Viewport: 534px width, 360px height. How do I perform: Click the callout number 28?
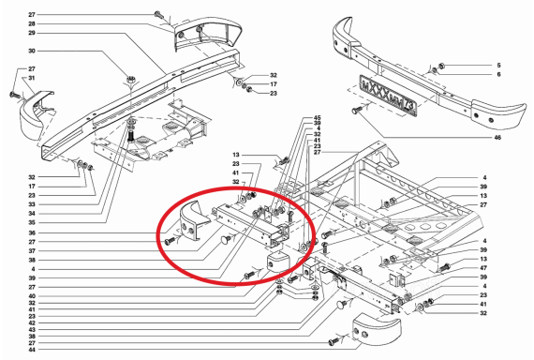click(x=32, y=23)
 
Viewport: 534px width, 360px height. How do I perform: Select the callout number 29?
click(x=32, y=33)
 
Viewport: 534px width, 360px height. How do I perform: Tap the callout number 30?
click(x=32, y=51)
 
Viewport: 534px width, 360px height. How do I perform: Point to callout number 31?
click(x=32, y=78)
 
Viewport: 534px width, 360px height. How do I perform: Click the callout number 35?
click(x=32, y=222)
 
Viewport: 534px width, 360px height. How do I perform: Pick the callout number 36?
click(x=32, y=232)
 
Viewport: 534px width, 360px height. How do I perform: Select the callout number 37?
click(x=32, y=251)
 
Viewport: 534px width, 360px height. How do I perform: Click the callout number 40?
click(x=32, y=296)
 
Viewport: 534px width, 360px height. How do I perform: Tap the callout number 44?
click(x=32, y=350)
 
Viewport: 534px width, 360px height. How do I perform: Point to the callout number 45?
click(x=317, y=118)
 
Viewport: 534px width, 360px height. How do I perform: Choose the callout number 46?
click(x=497, y=138)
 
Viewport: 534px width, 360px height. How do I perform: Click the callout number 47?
click(x=483, y=268)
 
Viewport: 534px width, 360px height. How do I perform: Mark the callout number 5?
click(x=499, y=65)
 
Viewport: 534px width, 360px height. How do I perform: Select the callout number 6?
click(x=499, y=74)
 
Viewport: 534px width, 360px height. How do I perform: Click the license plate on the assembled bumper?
click(x=388, y=97)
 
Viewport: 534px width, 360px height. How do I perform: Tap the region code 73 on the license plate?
click(x=409, y=107)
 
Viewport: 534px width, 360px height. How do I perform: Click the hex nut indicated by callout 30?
click(x=130, y=80)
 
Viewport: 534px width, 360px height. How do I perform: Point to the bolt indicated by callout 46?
click(x=357, y=110)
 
